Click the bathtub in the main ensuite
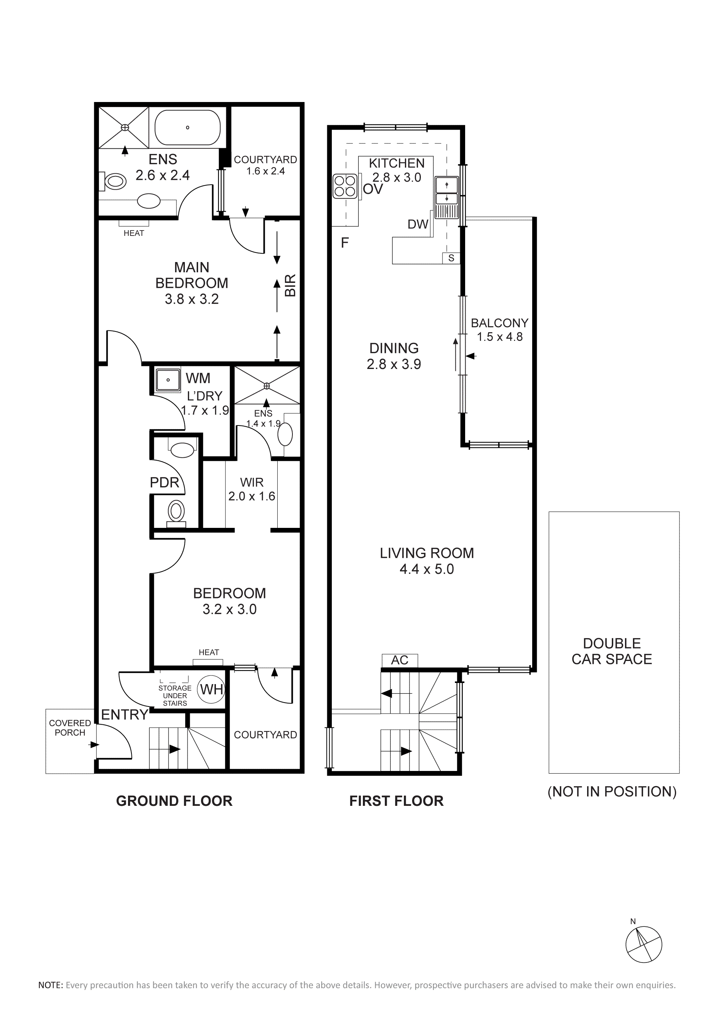[x=187, y=127]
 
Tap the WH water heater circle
[x=212, y=689]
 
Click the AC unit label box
[x=400, y=661]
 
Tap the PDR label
[x=164, y=483]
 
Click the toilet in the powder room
[x=177, y=513]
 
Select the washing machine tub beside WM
[x=168, y=380]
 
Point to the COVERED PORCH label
[x=70, y=728]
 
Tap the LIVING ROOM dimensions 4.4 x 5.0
[x=427, y=569]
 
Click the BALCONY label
[x=499, y=323]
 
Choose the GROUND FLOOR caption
[x=174, y=801]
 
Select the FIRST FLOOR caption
[x=396, y=801]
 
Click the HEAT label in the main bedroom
[x=134, y=233]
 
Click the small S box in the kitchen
[x=451, y=258]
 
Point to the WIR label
[x=252, y=483]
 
